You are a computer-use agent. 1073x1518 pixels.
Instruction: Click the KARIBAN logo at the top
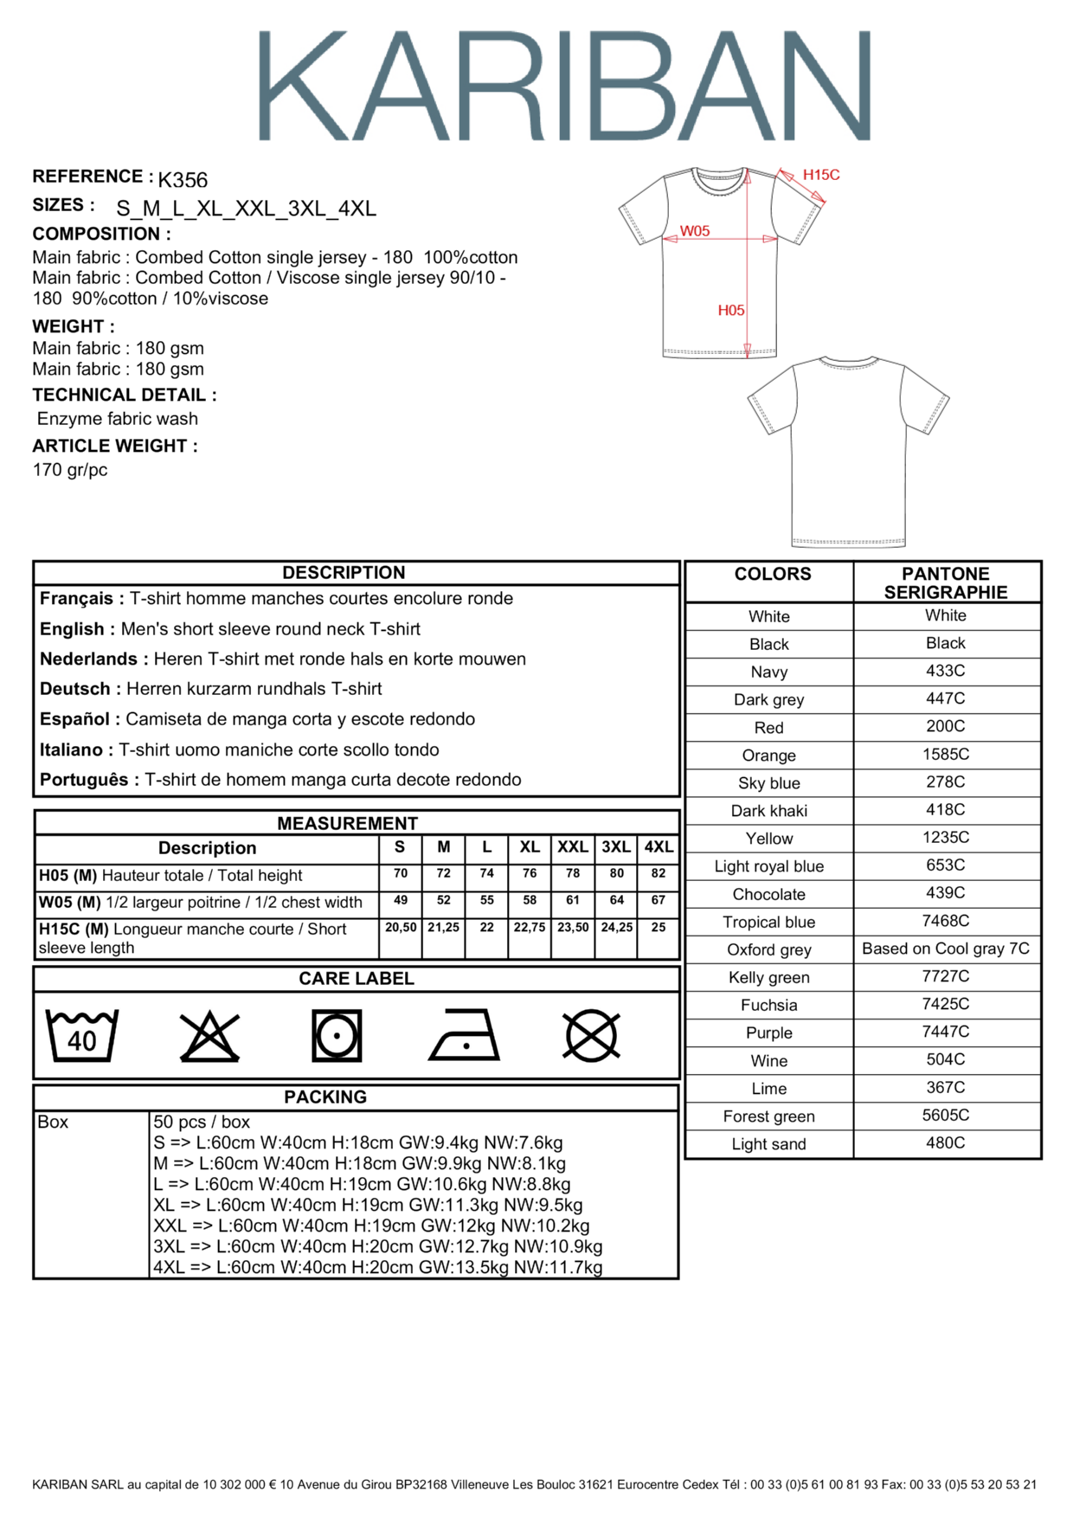(564, 86)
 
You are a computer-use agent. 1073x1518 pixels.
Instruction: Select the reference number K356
(183, 180)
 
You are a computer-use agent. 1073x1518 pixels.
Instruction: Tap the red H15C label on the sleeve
(821, 175)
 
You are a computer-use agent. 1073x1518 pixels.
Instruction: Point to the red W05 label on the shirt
(695, 231)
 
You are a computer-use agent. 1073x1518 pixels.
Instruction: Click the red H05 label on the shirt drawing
(731, 310)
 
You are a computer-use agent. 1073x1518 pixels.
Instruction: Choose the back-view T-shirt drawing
(848, 451)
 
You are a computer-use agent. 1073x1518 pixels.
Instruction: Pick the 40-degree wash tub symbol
(81, 1035)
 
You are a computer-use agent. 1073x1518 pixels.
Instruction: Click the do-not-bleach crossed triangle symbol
(209, 1036)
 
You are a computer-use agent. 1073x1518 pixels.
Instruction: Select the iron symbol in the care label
(465, 1035)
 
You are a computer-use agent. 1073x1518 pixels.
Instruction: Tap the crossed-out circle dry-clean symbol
(591, 1035)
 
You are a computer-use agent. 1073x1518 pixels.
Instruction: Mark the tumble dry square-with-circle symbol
(337, 1035)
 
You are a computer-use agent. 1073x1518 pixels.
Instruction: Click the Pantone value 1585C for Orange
(946, 754)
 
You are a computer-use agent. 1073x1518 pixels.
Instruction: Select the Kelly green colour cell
(769, 977)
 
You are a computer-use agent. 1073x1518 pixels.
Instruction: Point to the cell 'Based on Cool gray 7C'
(946, 949)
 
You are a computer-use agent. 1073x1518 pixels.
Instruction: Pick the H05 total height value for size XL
(530, 873)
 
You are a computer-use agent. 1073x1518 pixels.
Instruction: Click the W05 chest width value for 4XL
(659, 900)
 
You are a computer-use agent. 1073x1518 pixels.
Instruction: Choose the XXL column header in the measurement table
(573, 847)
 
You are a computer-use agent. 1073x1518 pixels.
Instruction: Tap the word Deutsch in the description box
(75, 689)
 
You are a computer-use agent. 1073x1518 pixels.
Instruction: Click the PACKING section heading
(325, 1097)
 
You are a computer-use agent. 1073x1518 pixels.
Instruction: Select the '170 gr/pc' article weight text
(70, 470)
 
